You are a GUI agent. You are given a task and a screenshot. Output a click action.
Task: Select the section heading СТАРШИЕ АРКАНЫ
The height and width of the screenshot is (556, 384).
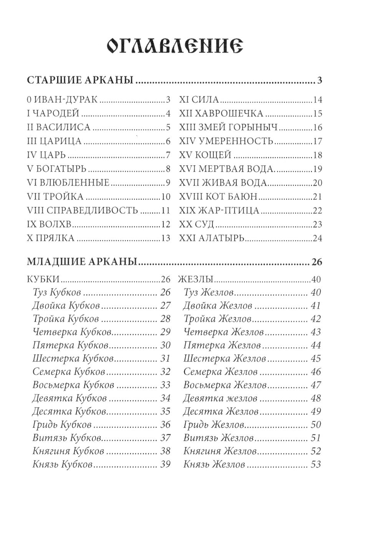click(x=80, y=81)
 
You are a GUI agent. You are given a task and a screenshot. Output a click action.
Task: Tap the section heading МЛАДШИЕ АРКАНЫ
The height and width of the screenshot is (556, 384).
click(x=83, y=262)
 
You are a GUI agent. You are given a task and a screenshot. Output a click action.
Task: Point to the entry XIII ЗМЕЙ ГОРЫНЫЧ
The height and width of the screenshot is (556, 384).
click(x=229, y=127)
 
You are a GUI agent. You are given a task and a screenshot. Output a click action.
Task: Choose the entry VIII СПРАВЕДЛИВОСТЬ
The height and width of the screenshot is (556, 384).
click(x=83, y=210)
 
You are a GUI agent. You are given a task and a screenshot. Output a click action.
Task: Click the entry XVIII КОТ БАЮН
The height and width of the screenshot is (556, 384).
click(x=218, y=197)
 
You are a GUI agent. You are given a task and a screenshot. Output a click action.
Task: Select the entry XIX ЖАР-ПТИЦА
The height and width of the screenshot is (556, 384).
click(x=219, y=210)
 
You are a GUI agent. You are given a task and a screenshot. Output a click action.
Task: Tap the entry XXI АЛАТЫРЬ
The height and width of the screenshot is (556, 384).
click(x=212, y=238)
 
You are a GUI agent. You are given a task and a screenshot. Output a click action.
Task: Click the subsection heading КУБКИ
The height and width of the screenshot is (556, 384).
click(x=43, y=279)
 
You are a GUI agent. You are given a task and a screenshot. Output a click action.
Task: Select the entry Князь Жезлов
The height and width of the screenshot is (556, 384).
click(x=214, y=464)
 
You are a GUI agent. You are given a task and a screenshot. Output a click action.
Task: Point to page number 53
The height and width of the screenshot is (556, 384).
click(x=315, y=464)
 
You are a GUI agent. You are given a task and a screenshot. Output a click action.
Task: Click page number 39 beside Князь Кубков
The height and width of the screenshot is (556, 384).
click(x=165, y=464)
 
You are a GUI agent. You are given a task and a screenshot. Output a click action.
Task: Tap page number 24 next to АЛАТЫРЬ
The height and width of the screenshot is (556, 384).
click(x=318, y=238)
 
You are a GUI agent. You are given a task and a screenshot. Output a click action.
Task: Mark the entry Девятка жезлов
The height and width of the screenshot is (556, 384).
click(x=220, y=398)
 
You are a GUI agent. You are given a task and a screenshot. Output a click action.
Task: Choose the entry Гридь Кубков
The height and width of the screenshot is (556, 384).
click(x=62, y=425)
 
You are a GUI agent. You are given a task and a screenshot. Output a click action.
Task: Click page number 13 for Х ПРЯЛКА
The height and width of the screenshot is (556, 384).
click(x=166, y=238)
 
